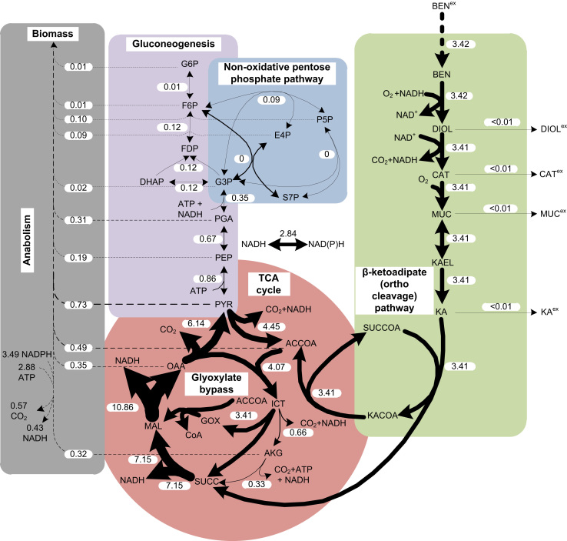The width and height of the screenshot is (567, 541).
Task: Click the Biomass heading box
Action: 51,34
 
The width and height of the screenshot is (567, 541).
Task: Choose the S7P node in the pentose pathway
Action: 290,198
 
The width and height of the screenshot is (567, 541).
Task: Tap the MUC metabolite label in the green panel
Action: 441,212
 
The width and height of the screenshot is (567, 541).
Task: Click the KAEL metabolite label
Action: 441,262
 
